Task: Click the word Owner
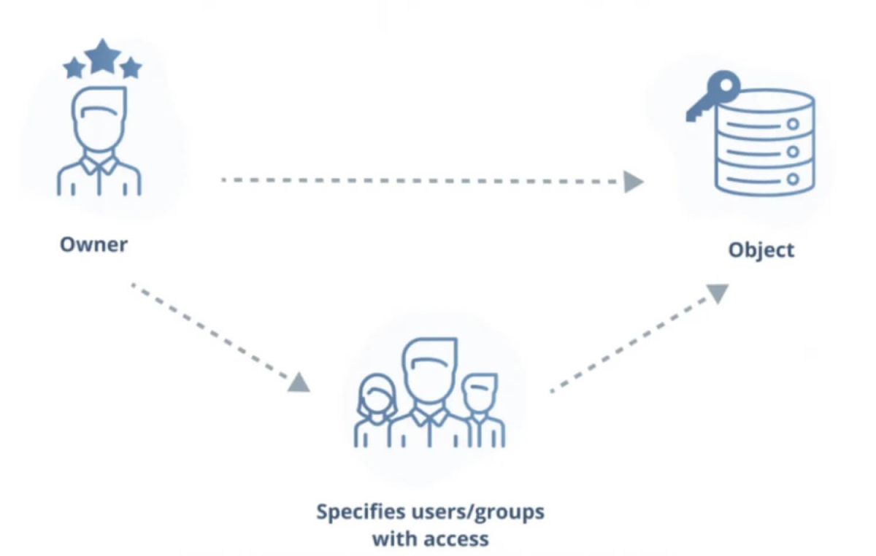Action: click(x=93, y=244)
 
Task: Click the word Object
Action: click(x=761, y=250)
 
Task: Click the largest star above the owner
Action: click(x=102, y=56)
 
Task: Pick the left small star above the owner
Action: click(x=74, y=69)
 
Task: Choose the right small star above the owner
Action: click(x=131, y=68)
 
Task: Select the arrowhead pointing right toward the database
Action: click(x=634, y=182)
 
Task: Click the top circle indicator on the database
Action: click(x=792, y=124)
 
